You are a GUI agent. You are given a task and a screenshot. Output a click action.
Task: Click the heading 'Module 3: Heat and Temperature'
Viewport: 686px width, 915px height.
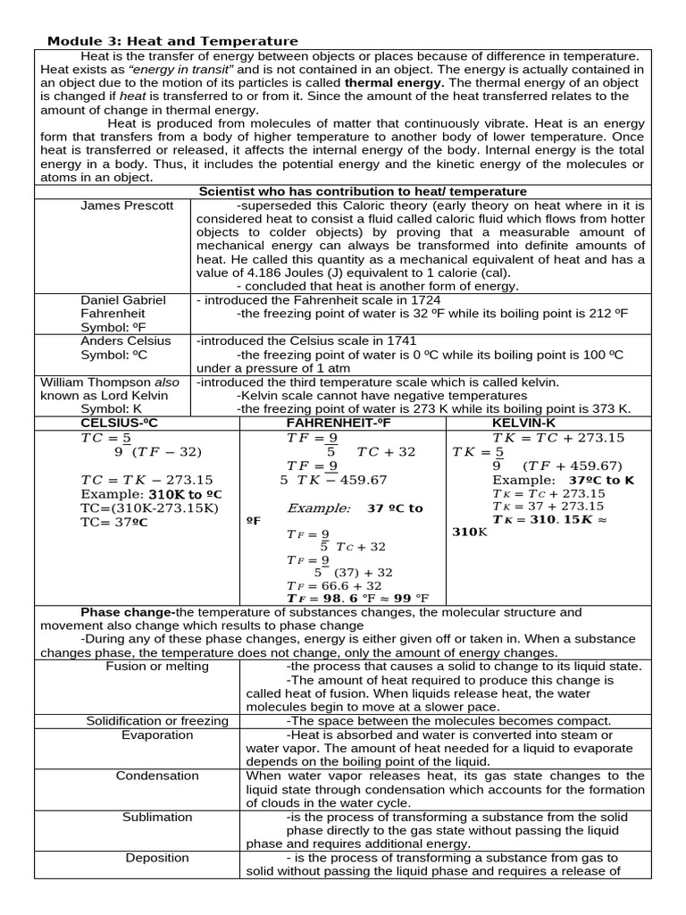tap(172, 41)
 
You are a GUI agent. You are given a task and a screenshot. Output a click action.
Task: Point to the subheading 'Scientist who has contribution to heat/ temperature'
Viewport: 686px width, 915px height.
tap(362, 191)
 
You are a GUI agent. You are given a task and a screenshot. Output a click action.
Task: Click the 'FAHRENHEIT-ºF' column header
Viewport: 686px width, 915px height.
tap(339, 422)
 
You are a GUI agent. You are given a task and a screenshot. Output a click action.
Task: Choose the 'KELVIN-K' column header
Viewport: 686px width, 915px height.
tap(524, 422)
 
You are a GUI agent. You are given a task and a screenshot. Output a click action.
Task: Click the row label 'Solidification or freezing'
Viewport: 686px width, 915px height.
tap(157, 720)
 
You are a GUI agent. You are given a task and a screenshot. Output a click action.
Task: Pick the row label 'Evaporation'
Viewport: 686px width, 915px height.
tap(157, 735)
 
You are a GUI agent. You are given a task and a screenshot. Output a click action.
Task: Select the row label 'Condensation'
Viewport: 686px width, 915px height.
tap(157, 776)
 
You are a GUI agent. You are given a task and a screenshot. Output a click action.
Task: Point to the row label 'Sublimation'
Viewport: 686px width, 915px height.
tap(157, 817)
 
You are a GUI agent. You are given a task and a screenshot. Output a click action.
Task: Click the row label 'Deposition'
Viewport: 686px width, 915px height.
tap(157, 858)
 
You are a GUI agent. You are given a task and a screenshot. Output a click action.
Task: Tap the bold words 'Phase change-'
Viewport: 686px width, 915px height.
tap(128, 612)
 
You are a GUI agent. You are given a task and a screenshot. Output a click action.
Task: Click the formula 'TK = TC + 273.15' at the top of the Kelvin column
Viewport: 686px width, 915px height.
tap(558, 438)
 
